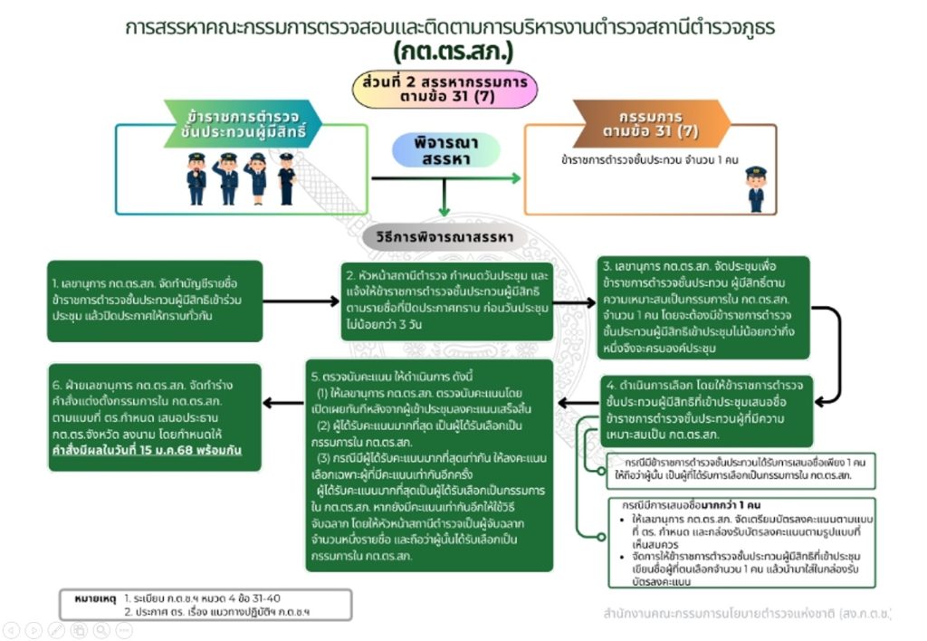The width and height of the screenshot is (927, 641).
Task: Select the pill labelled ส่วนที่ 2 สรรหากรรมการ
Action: tap(444, 89)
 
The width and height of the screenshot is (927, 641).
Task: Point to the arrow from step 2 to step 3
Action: tap(573, 301)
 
